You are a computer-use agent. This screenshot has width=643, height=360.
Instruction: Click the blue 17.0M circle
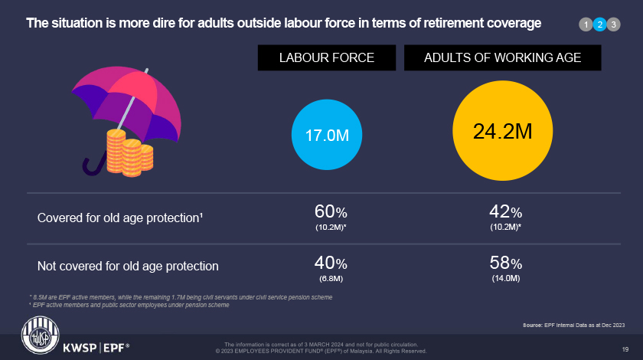pos(327,135)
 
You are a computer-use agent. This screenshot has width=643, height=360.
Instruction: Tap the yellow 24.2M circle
pos(502,131)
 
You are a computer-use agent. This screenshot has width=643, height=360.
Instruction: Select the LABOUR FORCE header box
pos(326,57)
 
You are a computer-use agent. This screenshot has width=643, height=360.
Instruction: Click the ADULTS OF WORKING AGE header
pos(502,57)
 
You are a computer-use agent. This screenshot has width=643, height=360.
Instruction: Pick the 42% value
pos(505,211)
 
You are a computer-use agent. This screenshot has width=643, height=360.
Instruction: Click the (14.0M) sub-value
pos(505,278)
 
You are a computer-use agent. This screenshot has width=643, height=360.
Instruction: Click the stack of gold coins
pos(129,151)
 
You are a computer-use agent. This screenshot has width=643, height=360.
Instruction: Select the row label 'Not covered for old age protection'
pos(128,267)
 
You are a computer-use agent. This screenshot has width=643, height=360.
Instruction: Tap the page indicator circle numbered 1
pos(586,25)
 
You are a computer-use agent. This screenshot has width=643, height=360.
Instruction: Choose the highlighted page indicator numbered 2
pos(599,25)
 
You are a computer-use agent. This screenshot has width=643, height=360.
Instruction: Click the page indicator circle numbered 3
pos(613,25)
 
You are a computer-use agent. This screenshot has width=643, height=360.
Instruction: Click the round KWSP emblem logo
pos(37,338)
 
